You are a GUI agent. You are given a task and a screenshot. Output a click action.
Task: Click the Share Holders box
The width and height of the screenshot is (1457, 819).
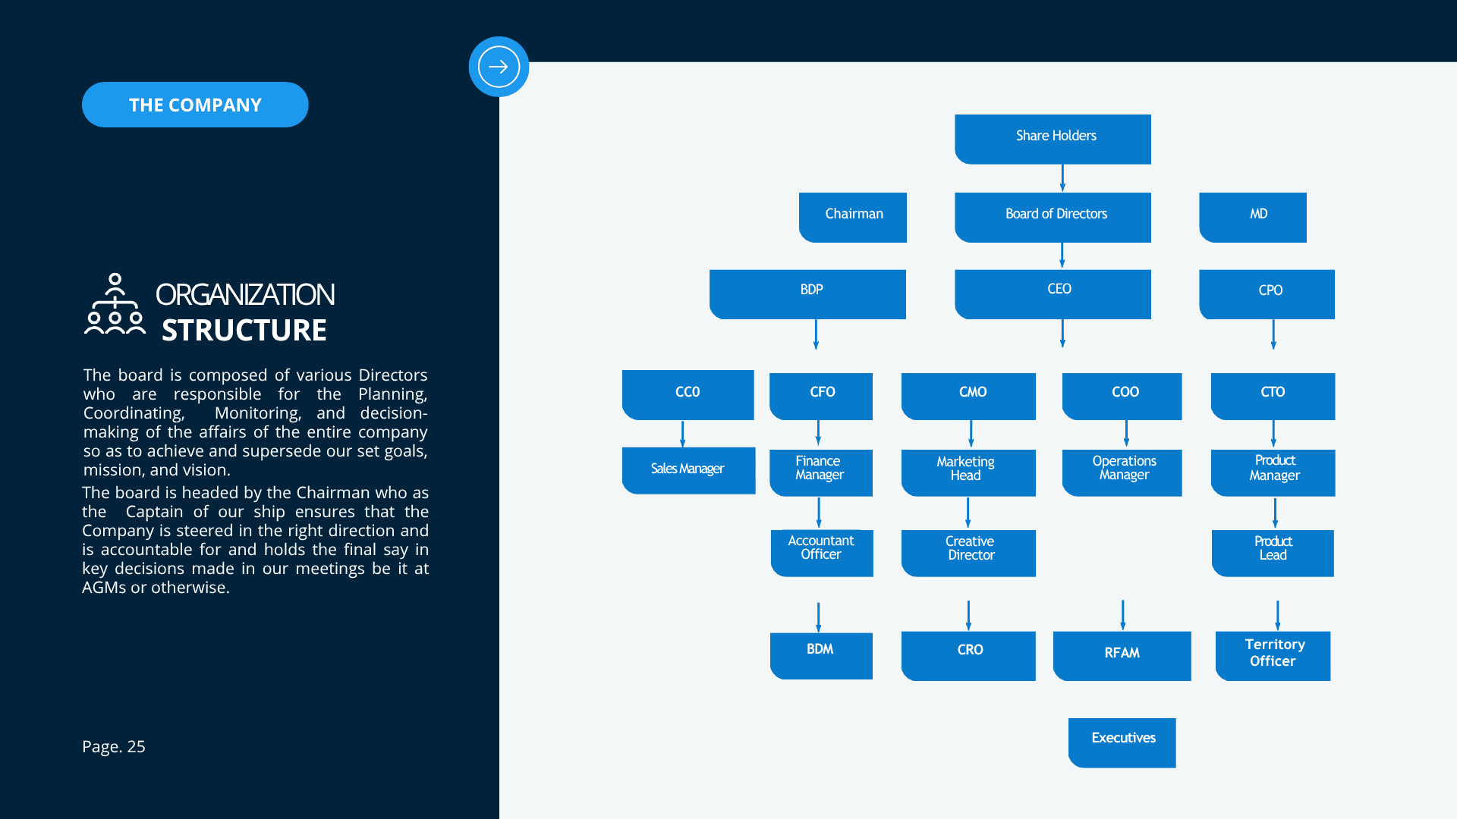click(1053, 139)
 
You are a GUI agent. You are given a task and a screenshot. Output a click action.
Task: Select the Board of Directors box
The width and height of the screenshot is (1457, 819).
click(1053, 217)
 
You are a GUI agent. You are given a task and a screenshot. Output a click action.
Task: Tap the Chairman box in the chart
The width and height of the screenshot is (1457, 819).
click(853, 217)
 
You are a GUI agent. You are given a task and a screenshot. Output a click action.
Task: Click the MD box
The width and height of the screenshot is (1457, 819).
click(1253, 217)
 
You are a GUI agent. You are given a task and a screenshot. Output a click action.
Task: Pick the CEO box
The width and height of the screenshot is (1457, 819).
click(1053, 294)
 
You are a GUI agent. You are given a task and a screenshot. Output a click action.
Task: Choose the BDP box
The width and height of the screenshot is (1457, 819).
click(807, 294)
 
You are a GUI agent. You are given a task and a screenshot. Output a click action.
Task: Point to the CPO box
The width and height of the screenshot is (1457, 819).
click(1267, 294)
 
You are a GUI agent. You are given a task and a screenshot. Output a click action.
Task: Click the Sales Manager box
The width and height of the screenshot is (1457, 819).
click(688, 470)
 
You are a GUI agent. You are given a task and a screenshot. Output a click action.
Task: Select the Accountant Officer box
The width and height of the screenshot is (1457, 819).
click(822, 553)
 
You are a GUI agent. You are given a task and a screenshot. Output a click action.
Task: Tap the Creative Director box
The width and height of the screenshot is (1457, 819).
click(968, 553)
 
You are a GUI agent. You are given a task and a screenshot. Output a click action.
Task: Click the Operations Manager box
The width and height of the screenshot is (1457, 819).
click(1122, 473)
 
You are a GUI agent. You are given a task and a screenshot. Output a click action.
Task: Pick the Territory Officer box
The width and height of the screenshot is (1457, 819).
click(1273, 656)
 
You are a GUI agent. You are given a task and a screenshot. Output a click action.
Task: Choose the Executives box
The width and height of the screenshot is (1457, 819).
click(1122, 743)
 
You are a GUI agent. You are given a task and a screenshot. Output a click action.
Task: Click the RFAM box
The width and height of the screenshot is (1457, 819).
click(1122, 656)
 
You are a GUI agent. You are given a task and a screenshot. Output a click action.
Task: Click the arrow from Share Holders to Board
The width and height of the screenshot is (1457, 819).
click(1062, 178)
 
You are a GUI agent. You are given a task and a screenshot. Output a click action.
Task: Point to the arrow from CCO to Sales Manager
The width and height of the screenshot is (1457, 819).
click(682, 434)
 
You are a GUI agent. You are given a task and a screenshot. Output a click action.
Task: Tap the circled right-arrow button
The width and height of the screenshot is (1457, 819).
click(499, 67)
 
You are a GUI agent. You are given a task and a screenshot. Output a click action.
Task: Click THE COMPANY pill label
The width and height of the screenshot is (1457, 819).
click(195, 105)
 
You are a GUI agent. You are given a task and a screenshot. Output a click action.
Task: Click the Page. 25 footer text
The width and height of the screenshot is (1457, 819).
click(114, 747)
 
